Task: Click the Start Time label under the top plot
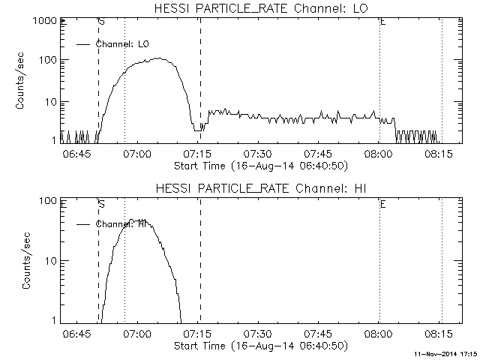[259, 164]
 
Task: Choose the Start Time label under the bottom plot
[259, 345]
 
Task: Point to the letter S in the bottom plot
[101, 203]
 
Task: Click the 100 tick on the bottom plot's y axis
[49, 202]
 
